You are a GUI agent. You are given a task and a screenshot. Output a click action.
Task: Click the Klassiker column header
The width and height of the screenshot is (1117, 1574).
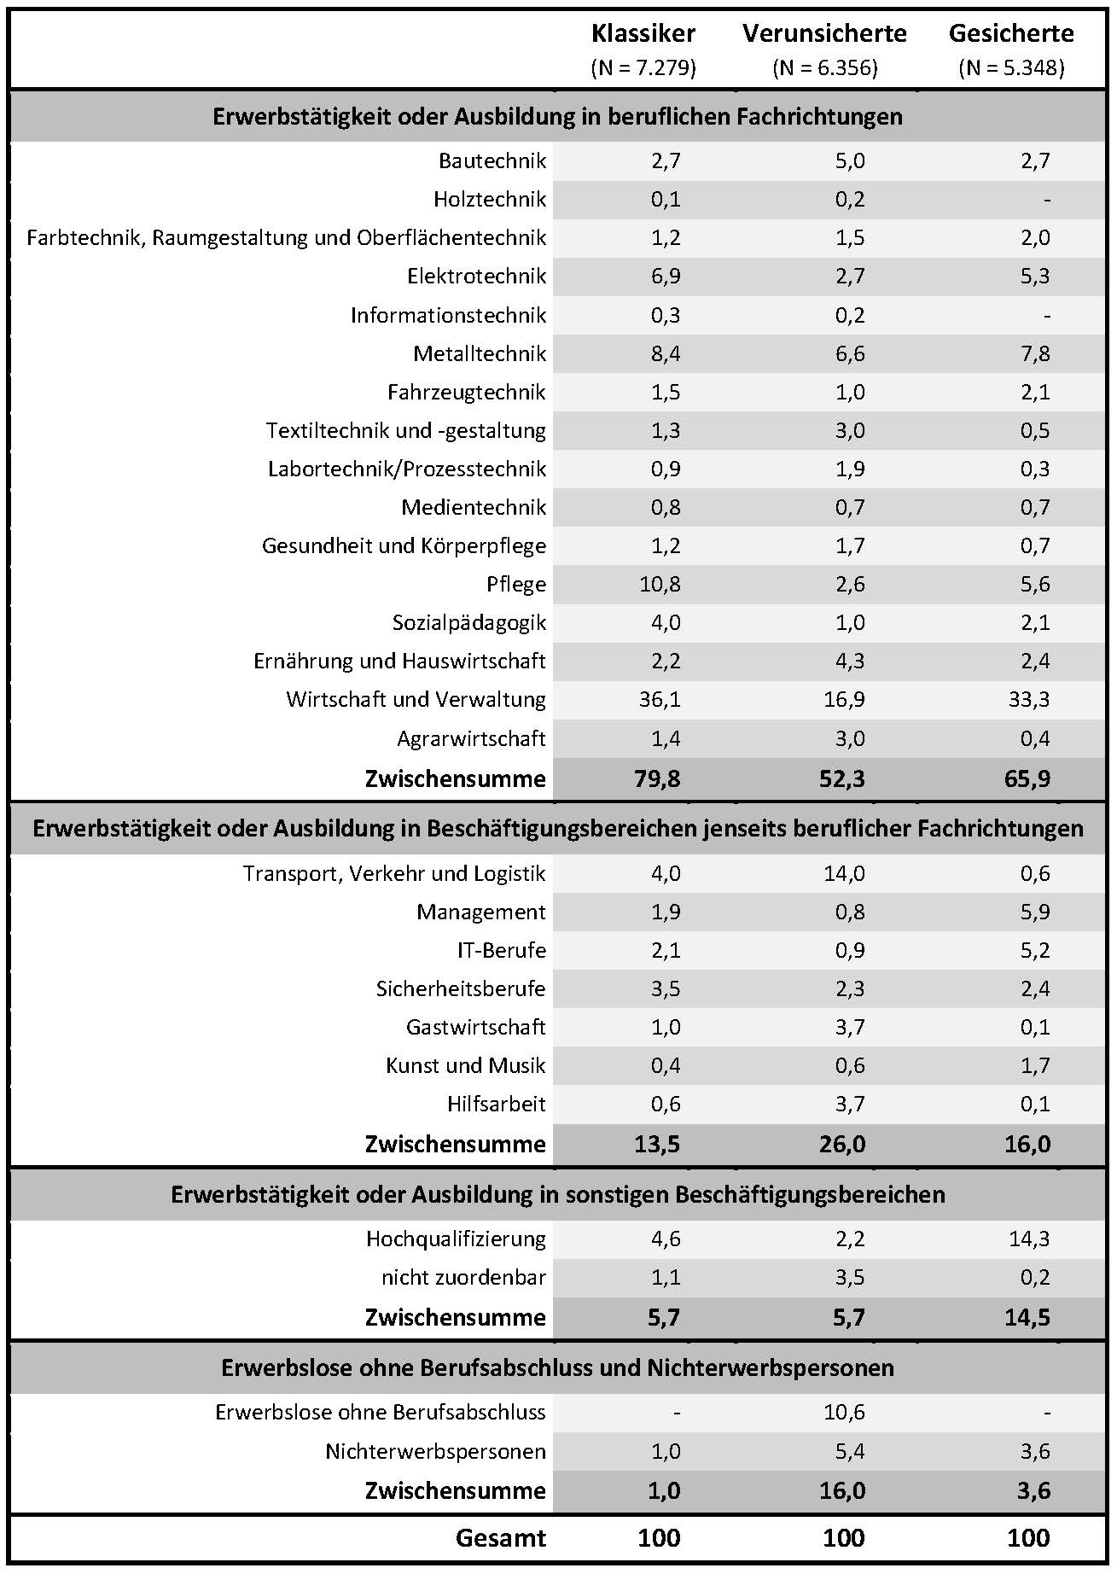tap(643, 34)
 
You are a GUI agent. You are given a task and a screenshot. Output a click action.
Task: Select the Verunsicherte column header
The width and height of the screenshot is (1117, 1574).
tap(824, 34)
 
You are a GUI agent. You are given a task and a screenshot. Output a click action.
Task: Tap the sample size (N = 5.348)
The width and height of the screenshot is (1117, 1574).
tap(1011, 68)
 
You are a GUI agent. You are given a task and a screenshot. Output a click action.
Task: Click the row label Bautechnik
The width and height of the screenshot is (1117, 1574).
tap(492, 160)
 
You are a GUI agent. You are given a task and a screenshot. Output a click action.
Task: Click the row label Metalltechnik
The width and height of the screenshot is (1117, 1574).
tap(480, 353)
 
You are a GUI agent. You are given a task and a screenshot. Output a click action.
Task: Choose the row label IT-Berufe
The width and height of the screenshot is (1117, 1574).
tap(502, 951)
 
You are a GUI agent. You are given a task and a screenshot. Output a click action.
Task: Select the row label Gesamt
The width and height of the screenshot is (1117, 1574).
tap(501, 1537)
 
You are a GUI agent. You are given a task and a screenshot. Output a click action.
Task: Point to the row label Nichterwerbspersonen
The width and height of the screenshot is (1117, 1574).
tap(435, 1452)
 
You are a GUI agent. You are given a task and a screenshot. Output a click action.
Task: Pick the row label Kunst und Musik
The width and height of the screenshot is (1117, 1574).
tap(466, 1066)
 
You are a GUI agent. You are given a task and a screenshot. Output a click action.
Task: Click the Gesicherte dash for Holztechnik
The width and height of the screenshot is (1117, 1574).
tap(1046, 200)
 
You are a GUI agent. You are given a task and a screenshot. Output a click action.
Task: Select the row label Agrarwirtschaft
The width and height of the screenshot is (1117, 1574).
tap(471, 739)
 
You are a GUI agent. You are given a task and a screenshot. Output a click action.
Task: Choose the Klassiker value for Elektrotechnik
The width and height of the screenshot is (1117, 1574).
tap(666, 277)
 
